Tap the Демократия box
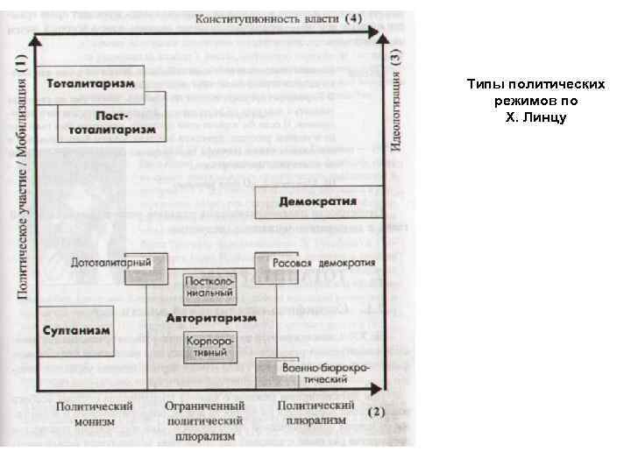[318, 201]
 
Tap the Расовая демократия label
[324, 263]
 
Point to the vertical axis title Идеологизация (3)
[396, 102]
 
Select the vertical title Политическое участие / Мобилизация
[21, 175]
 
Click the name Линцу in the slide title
[549, 116]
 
